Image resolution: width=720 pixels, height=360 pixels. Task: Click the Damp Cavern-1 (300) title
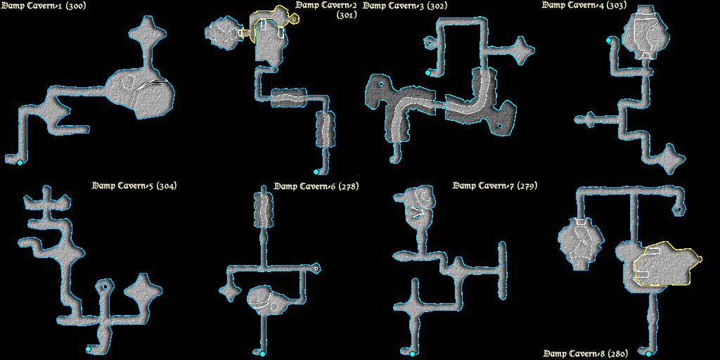(42, 6)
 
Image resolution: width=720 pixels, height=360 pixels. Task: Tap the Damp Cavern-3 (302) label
(404, 6)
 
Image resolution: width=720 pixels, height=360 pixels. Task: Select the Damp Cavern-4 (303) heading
(584, 6)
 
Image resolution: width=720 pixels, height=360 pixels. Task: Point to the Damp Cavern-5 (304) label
(134, 186)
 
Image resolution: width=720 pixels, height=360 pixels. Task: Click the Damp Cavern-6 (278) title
(316, 186)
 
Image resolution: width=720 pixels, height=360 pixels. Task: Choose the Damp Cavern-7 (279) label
(495, 186)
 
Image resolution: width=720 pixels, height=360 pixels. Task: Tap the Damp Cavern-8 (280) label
(586, 354)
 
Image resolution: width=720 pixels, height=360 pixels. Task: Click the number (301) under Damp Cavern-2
(347, 15)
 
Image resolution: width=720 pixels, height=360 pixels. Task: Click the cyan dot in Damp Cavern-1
(20, 162)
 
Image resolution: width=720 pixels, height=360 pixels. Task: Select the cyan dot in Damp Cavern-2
(316, 172)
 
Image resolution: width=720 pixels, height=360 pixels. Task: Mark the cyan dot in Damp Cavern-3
(428, 72)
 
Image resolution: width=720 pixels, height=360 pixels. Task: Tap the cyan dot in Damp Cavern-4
(608, 40)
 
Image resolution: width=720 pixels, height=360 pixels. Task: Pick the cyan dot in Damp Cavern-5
(88, 349)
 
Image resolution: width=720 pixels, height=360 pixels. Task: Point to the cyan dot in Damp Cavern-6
(263, 354)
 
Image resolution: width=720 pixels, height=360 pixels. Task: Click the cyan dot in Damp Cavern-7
(412, 354)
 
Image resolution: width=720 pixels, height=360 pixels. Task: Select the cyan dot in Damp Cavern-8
(648, 354)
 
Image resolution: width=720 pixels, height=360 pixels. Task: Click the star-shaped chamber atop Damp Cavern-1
(147, 34)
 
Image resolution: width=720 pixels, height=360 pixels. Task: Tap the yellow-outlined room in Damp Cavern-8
(668, 265)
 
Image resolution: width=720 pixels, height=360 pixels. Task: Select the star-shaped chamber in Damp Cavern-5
(143, 291)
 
